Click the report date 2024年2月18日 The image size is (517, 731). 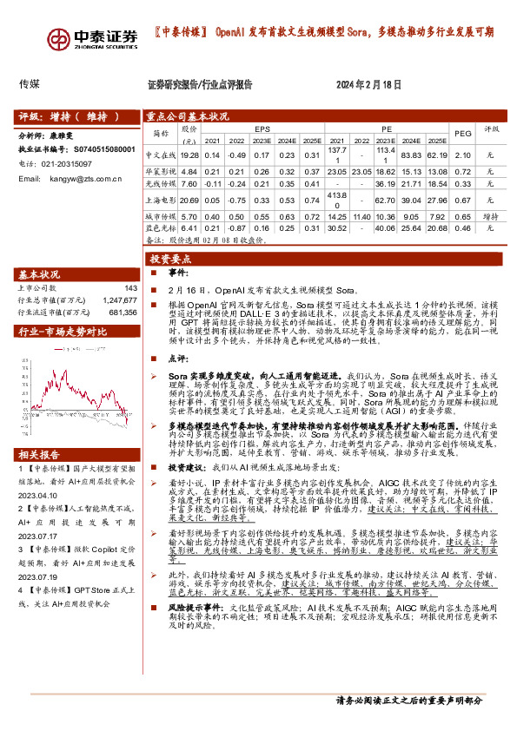click(369, 85)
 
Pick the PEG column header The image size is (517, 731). click(463, 132)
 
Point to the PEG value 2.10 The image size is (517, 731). click(463, 153)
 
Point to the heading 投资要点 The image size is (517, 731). click(169, 260)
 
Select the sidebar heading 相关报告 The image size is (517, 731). click(40, 478)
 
